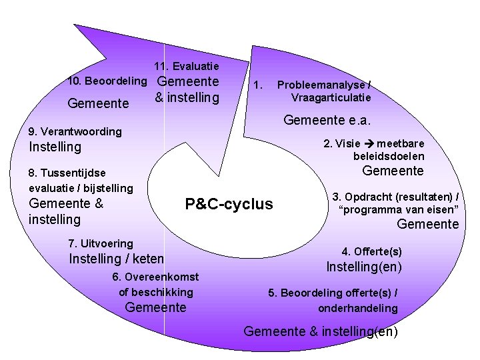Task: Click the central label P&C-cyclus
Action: (229, 204)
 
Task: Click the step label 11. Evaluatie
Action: (186, 67)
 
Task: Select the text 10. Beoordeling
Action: (108, 81)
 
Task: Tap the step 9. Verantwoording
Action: (75, 131)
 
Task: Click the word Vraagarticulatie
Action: (331, 97)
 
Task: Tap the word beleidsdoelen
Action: (389, 156)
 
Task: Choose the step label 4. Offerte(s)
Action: (371, 251)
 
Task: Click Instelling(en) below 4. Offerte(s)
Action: (365, 267)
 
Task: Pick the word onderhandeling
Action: (358, 308)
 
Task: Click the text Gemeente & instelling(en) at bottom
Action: (321, 331)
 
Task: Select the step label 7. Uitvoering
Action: (101, 243)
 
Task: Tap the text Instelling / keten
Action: (116, 259)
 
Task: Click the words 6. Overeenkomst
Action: (155, 276)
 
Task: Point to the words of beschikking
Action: (156, 291)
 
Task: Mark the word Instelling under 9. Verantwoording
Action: (55, 147)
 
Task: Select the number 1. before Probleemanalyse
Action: (259, 85)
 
